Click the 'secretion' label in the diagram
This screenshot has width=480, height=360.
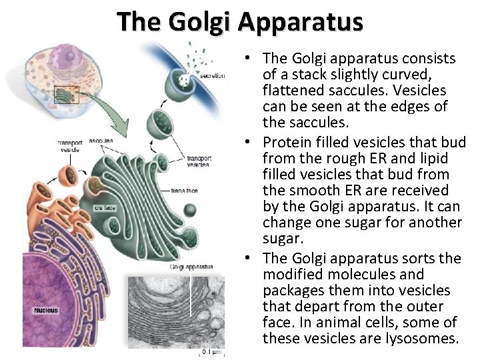click(x=212, y=77)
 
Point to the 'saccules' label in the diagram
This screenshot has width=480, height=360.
click(x=100, y=141)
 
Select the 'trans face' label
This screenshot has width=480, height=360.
click(x=183, y=191)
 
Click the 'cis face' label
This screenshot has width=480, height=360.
click(x=105, y=207)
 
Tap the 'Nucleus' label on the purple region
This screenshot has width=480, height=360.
click(x=46, y=310)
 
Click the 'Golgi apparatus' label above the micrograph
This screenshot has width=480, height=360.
click(x=191, y=267)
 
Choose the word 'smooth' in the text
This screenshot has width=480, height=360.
click(x=309, y=191)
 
